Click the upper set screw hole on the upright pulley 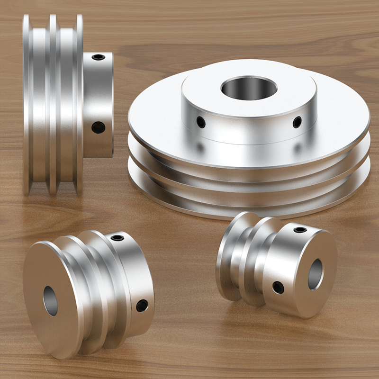[99, 57]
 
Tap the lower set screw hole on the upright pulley [98, 127]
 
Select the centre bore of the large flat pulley [248, 88]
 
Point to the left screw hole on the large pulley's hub [201, 122]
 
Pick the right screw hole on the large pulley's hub [297, 122]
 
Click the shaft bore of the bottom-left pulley [51, 300]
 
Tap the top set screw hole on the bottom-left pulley [117, 237]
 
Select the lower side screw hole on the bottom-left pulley [142, 306]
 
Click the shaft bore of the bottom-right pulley [316, 274]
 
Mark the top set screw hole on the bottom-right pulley [300, 230]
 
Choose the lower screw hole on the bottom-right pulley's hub [278, 287]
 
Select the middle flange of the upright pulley [53, 104]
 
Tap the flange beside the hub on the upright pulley [79, 104]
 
